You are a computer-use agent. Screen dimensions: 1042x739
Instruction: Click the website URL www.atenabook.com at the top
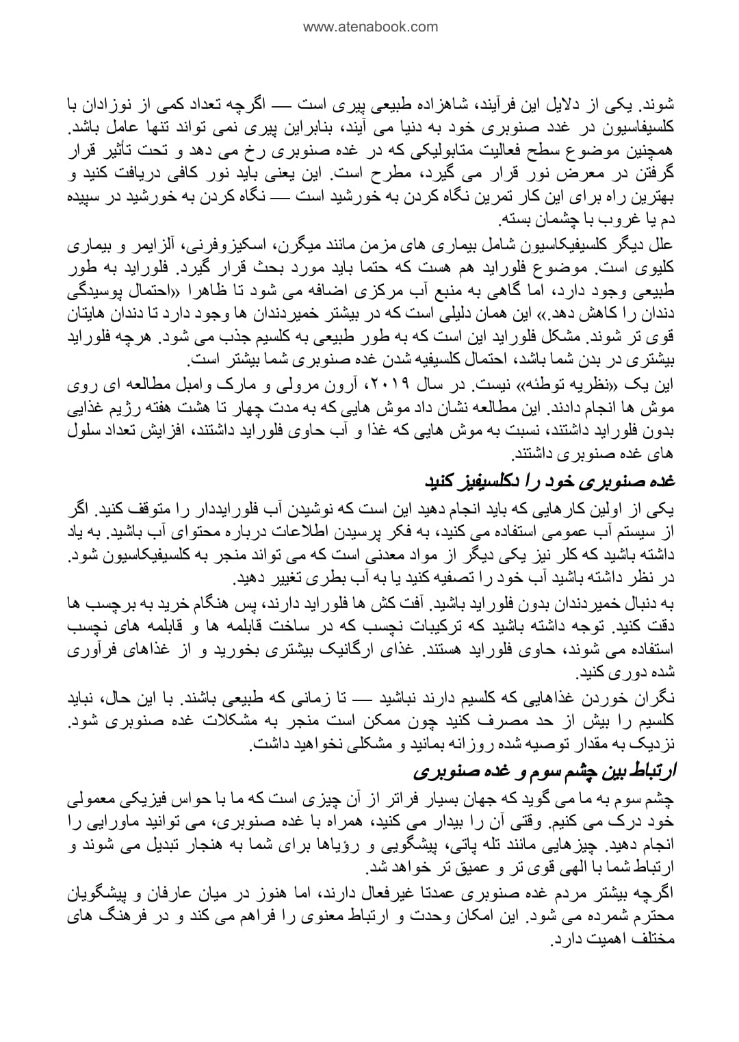click(369, 27)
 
